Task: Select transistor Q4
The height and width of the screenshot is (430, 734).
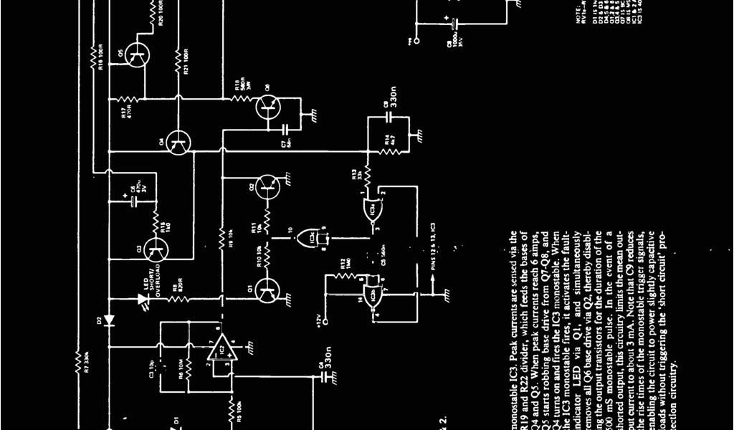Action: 176,144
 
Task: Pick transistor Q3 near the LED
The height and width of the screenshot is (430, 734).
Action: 155,250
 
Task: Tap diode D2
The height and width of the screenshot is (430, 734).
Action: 109,320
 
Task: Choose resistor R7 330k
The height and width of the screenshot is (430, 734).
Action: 77,355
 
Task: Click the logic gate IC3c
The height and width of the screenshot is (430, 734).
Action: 311,236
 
